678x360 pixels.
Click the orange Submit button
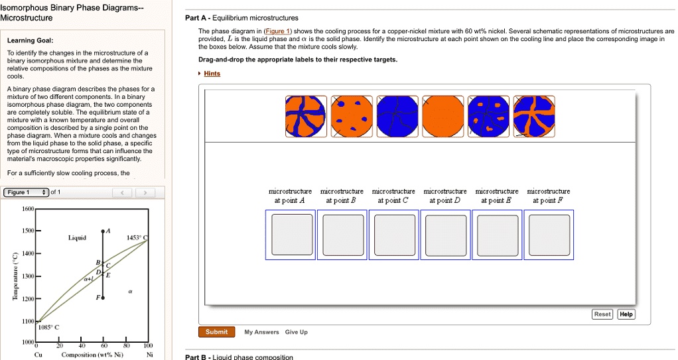(x=216, y=332)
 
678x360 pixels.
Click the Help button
(x=626, y=314)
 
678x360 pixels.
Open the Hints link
(x=212, y=74)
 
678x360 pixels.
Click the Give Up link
(x=296, y=332)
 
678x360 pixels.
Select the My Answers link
(x=262, y=332)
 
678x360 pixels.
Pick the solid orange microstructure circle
(x=442, y=117)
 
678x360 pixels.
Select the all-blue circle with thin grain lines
(x=397, y=117)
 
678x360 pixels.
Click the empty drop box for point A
(x=289, y=235)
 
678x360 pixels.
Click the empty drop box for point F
(x=548, y=235)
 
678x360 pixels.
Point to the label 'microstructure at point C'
(x=393, y=196)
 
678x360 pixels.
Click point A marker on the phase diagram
(x=103, y=232)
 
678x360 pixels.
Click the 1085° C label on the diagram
(x=48, y=327)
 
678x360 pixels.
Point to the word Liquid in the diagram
(x=78, y=237)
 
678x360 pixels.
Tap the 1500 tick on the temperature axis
(x=27, y=231)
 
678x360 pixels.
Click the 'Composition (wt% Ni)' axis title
(x=92, y=355)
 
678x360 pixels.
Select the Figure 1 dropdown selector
(x=25, y=193)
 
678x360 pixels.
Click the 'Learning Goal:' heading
(x=26, y=40)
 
